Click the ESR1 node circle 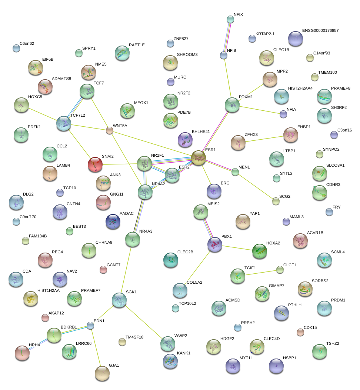(199, 158)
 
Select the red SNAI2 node (95, 164)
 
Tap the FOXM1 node (232, 105)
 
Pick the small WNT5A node (109, 130)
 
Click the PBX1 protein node (215, 244)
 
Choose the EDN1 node (90, 326)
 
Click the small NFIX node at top (230, 19)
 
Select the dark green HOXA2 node (259, 251)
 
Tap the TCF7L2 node (64, 123)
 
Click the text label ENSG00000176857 (320, 31)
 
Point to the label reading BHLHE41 (201, 131)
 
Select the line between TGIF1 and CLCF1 (259, 273)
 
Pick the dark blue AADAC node (113, 221)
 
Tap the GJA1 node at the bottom (102, 373)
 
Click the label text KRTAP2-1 (265, 34)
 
